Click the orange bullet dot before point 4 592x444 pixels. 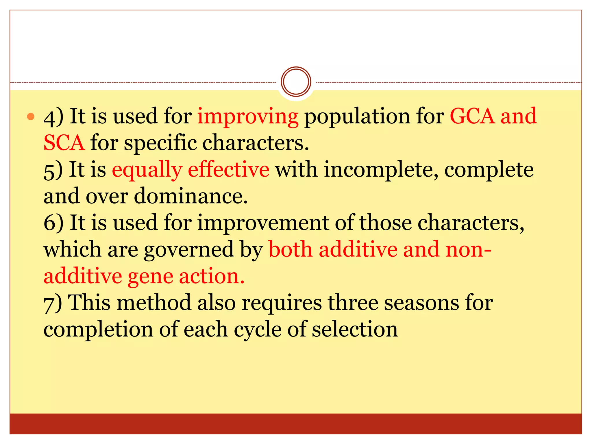31,117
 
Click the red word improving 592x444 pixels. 248,116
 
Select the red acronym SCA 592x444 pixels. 64,143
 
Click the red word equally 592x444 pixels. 147,170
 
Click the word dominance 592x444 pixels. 191,196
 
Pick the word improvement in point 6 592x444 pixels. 263,223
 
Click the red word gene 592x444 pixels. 150,277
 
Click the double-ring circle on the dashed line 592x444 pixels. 296,82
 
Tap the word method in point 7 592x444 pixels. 154,303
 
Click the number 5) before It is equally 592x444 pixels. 53,170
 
